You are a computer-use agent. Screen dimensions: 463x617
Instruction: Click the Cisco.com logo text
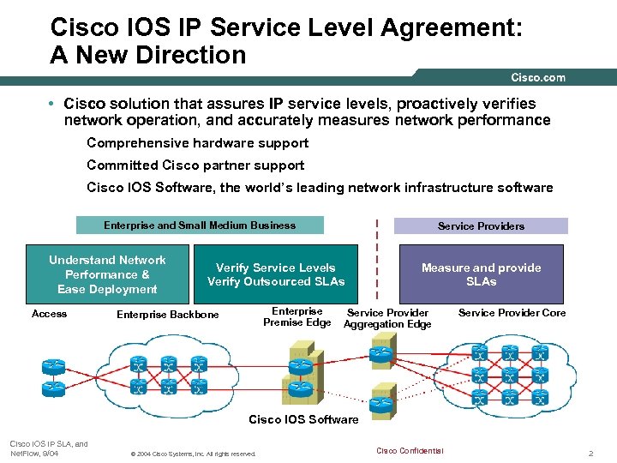click(538, 78)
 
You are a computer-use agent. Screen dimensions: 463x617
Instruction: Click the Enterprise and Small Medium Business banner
click(200, 225)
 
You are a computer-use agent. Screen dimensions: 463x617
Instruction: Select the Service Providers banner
click(481, 226)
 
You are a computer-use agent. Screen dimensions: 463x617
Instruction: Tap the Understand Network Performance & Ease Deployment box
click(108, 274)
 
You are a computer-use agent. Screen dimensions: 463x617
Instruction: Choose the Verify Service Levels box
click(276, 274)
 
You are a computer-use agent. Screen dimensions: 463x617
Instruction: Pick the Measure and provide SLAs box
click(481, 274)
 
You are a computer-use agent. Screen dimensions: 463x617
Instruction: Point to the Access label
click(49, 314)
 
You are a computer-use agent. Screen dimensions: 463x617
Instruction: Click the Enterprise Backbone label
click(168, 315)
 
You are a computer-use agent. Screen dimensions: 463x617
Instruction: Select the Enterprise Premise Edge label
click(297, 316)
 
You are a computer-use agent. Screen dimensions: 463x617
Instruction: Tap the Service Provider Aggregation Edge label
click(387, 318)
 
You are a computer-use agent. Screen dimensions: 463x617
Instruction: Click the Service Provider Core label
click(512, 313)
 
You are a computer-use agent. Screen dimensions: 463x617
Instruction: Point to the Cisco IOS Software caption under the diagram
click(303, 419)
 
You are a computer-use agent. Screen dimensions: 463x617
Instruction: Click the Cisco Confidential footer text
click(410, 451)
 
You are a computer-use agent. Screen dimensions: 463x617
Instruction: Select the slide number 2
click(590, 452)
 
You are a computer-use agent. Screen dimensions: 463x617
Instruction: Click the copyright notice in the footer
click(192, 454)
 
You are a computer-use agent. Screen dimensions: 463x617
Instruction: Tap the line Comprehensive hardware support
click(197, 143)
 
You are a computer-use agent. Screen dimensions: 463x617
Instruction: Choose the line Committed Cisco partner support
click(195, 165)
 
